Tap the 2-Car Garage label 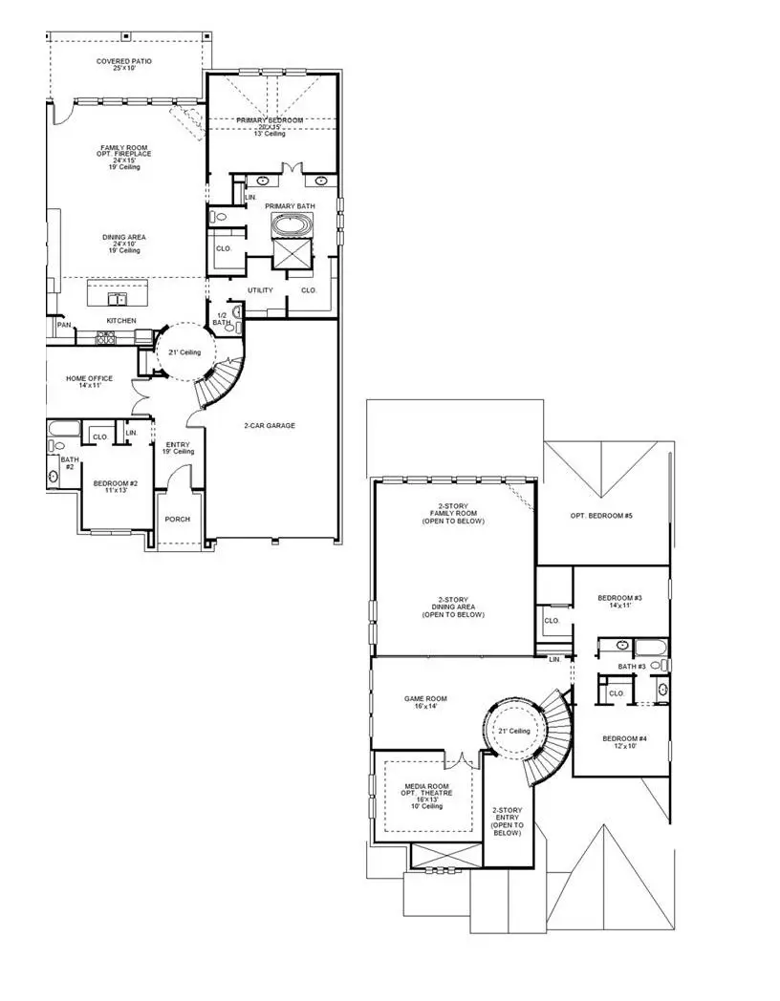(269, 425)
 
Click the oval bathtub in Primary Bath (288, 227)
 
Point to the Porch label (178, 519)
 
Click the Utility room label (260, 290)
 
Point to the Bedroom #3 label (620, 601)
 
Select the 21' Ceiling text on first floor (184, 352)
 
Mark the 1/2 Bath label (221, 319)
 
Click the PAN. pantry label (63, 325)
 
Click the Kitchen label (120, 320)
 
